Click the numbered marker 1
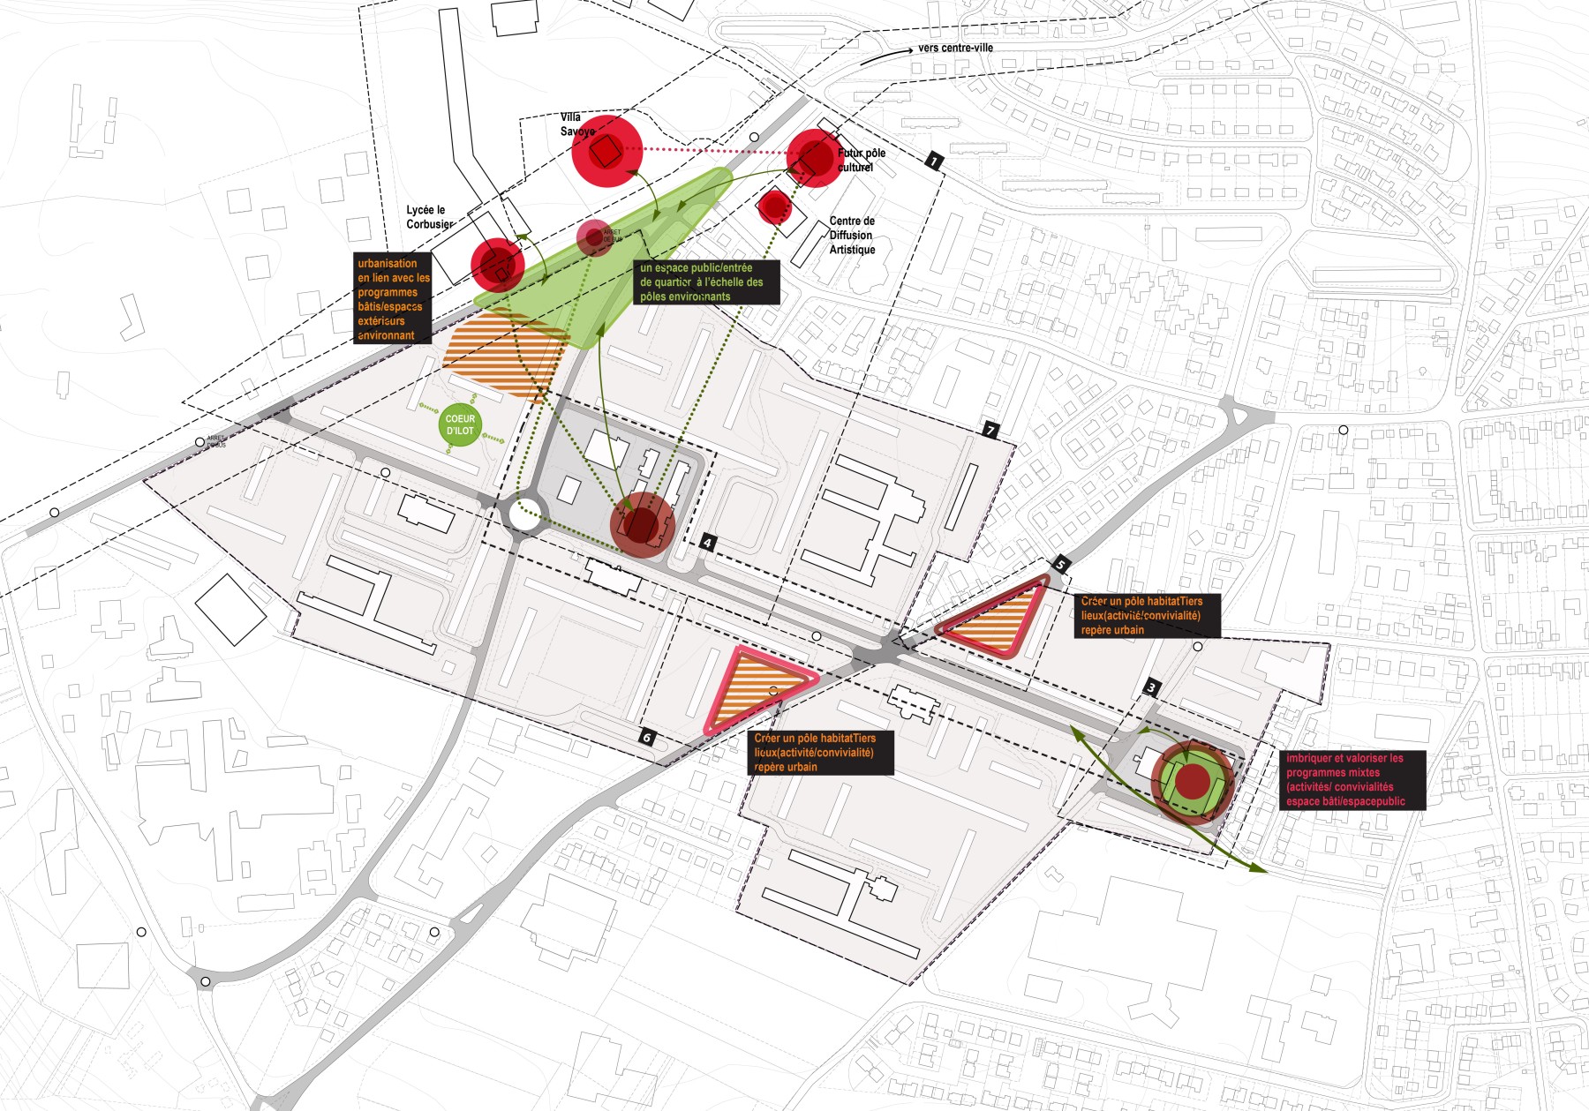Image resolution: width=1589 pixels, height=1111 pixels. click(x=934, y=161)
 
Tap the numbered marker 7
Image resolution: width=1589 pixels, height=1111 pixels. click(x=990, y=430)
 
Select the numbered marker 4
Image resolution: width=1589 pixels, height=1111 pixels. click(x=707, y=543)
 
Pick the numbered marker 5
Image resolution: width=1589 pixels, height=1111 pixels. click(x=1061, y=565)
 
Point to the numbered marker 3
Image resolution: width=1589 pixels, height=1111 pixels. click(x=1151, y=687)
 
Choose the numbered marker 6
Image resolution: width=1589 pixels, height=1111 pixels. click(x=647, y=737)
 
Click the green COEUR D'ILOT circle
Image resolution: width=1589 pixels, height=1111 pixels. click(x=460, y=425)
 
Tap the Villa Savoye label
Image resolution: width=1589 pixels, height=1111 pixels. click(x=576, y=124)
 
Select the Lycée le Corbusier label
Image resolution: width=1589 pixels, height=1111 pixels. click(x=429, y=217)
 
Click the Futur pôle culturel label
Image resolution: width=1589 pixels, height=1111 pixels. click(x=861, y=160)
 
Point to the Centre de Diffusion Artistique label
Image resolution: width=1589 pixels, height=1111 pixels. click(x=852, y=236)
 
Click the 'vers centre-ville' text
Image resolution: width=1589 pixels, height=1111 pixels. click(x=955, y=48)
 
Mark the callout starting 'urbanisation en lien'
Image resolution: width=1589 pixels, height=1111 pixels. click(x=393, y=299)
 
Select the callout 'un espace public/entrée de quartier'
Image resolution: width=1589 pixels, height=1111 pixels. click(x=707, y=282)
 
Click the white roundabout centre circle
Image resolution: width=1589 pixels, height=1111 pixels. click(x=523, y=515)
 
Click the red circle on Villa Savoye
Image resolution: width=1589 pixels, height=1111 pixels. click(x=606, y=152)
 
